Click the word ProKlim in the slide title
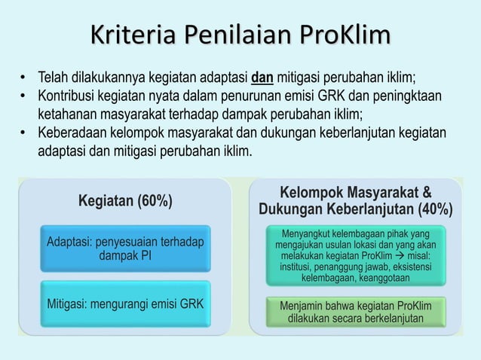click(x=345, y=35)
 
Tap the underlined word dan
click(x=262, y=78)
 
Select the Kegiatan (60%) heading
click(x=125, y=201)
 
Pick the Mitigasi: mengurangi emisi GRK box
click(x=125, y=304)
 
